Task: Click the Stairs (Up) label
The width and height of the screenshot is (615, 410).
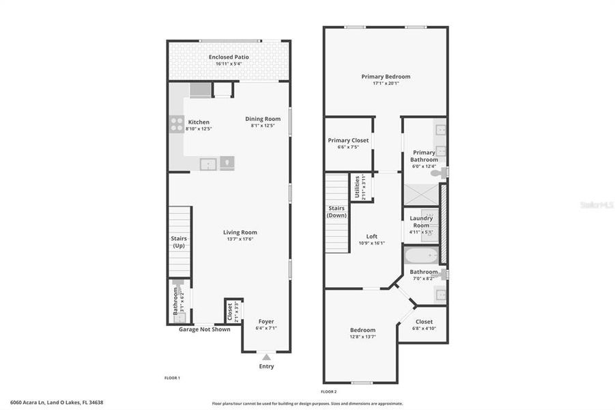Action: coord(179,242)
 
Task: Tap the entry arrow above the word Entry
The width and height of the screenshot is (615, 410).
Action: coord(266,357)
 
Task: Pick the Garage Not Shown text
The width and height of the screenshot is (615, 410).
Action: coord(204,329)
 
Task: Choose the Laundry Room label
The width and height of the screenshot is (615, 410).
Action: coord(421,221)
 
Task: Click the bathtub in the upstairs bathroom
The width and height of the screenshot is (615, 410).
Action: coord(420,256)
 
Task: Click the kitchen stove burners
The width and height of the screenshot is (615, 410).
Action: coord(176,124)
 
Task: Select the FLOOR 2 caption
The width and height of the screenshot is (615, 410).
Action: coord(328,392)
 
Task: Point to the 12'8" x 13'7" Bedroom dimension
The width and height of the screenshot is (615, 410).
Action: coord(362,336)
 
